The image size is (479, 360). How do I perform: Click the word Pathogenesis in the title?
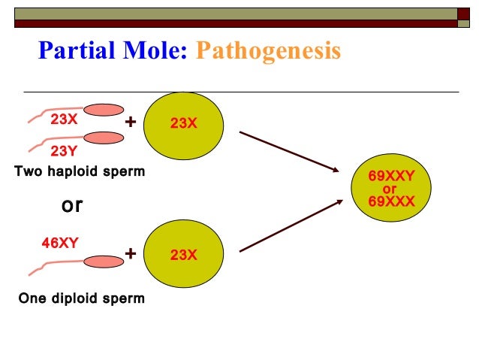point(268,50)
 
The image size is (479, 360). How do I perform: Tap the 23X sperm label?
point(64,119)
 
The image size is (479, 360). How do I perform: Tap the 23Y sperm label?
point(64,150)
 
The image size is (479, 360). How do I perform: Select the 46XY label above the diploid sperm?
point(59,242)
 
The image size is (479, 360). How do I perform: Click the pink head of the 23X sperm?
point(104,110)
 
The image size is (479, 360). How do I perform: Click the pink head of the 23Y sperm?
point(104,138)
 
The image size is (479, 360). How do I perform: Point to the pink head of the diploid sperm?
point(104,262)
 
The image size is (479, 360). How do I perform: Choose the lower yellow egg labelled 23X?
point(183,255)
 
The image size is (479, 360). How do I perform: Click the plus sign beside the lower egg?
point(131,254)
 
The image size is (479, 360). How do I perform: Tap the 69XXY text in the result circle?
point(391,177)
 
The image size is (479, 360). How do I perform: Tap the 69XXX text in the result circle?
point(391,201)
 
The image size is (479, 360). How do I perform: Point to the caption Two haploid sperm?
point(80,171)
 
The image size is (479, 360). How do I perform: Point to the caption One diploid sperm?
point(81,298)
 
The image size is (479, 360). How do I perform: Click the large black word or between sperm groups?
point(71,205)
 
